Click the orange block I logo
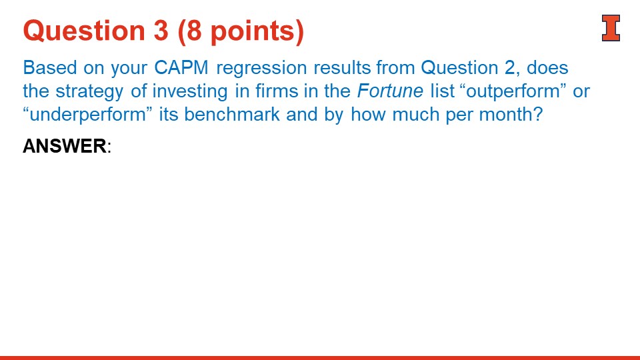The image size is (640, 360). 611,28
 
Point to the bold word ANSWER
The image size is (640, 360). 64,146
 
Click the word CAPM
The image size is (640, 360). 182,68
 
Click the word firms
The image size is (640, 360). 274,91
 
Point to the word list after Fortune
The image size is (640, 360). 442,91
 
